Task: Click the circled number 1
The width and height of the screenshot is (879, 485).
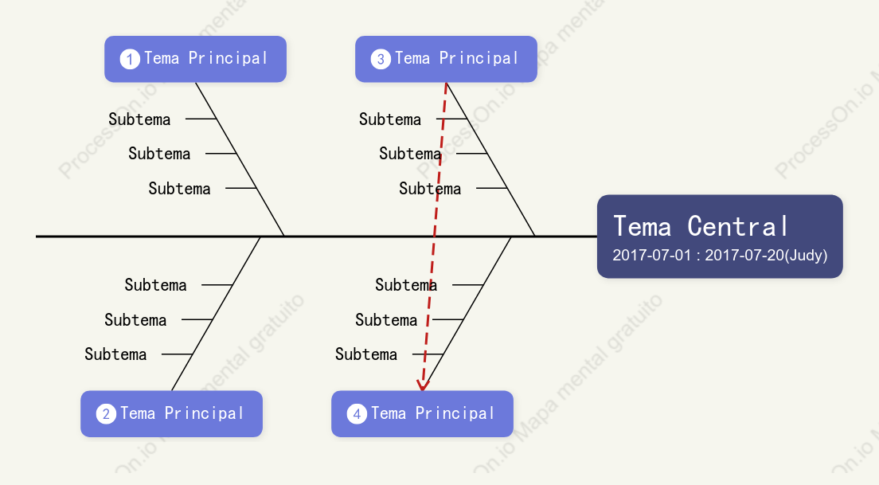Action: click(x=130, y=59)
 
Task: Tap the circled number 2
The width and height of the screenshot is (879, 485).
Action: click(x=106, y=414)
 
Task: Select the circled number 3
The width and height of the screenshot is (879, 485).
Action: click(x=380, y=59)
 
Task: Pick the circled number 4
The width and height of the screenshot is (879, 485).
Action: click(x=357, y=414)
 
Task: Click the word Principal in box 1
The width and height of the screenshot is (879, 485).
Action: click(x=228, y=58)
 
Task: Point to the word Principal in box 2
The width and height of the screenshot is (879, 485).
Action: click(x=204, y=413)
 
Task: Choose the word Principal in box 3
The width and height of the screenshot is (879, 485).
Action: click(x=479, y=58)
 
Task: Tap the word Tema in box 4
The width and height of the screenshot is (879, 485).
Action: click(x=389, y=413)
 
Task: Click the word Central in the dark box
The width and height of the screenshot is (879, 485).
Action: click(x=738, y=226)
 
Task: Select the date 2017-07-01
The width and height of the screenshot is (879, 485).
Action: click(x=652, y=255)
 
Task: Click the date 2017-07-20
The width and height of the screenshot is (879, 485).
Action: click(x=744, y=255)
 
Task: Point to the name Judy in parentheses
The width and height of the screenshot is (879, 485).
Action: click(x=806, y=256)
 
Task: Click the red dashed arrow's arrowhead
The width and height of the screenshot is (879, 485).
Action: click(x=423, y=385)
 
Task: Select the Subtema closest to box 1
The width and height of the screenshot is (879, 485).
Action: click(x=139, y=119)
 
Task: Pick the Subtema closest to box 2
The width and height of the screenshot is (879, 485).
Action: click(x=115, y=354)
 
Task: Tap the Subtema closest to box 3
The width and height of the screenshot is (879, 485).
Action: click(x=390, y=119)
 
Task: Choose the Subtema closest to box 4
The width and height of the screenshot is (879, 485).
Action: click(x=366, y=354)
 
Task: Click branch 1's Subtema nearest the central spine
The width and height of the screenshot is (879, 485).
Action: click(x=179, y=189)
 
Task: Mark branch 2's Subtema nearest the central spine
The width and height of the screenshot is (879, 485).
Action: click(x=155, y=285)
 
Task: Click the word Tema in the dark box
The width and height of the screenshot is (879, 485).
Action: click(x=643, y=226)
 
